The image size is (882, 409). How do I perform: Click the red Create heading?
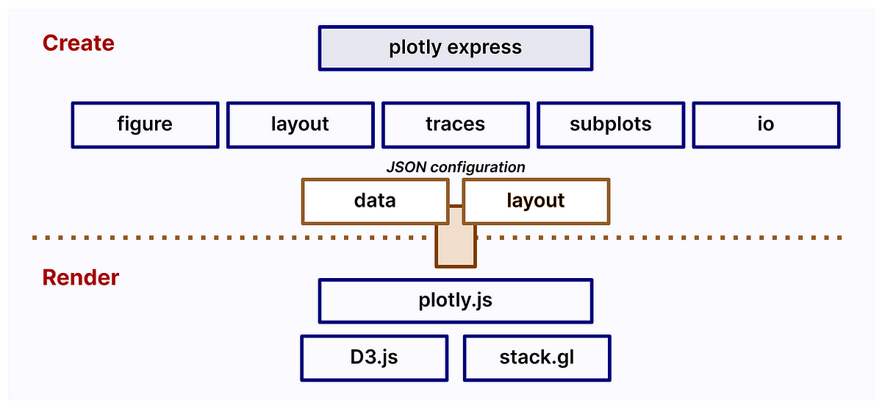[x=78, y=43]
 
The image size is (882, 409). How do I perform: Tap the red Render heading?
[x=80, y=278]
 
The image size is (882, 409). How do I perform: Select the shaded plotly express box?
[x=455, y=49]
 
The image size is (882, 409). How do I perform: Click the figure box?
[x=145, y=124]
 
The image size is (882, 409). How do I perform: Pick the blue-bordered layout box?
[x=300, y=124]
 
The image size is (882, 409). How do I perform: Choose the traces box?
[x=455, y=124]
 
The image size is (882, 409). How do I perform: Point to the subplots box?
[x=610, y=124]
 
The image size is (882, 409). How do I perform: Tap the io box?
[x=765, y=124]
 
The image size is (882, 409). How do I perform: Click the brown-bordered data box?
[x=375, y=200]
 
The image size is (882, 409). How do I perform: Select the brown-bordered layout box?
[x=536, y=200]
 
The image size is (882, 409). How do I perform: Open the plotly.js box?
[x=455, y=300]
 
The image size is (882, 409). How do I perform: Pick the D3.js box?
[x=375, y=358]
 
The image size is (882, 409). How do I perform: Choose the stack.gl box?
[x=536, y=358]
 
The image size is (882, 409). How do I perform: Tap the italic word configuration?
[x=478, y=167]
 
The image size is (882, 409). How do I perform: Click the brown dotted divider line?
[x=220, y=238]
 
